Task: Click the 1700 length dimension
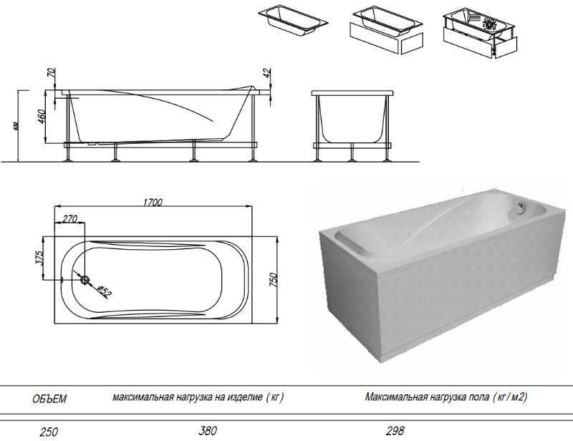pyautogui.click(x=151, y=203)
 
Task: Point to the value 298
pyautogui.click(x=395, y=431)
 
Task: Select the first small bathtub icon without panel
pyautogui.click(x=293, y=21)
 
